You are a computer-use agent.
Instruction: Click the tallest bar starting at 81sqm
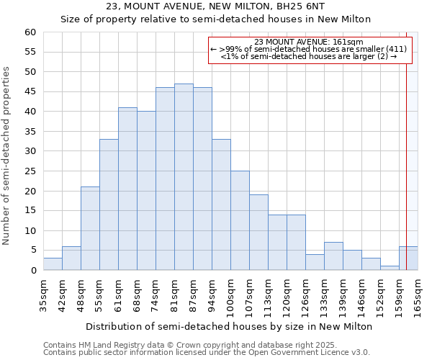coord(184,177)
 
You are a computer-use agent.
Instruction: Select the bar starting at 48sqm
coord(90,228)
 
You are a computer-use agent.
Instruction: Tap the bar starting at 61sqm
coord(127,189)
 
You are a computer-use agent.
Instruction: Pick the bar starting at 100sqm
coord(240,220)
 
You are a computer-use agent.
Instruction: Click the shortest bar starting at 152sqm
coord(390,268)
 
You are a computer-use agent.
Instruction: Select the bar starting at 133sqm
coord(333,256)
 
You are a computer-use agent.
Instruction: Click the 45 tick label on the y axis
coord(30,91)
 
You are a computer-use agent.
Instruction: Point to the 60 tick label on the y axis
coord(30,32)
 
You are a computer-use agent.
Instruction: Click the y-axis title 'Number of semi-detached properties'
coord(7,155)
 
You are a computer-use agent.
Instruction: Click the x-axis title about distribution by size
coord(228,326)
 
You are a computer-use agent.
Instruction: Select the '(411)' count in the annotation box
coord(396,49)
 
